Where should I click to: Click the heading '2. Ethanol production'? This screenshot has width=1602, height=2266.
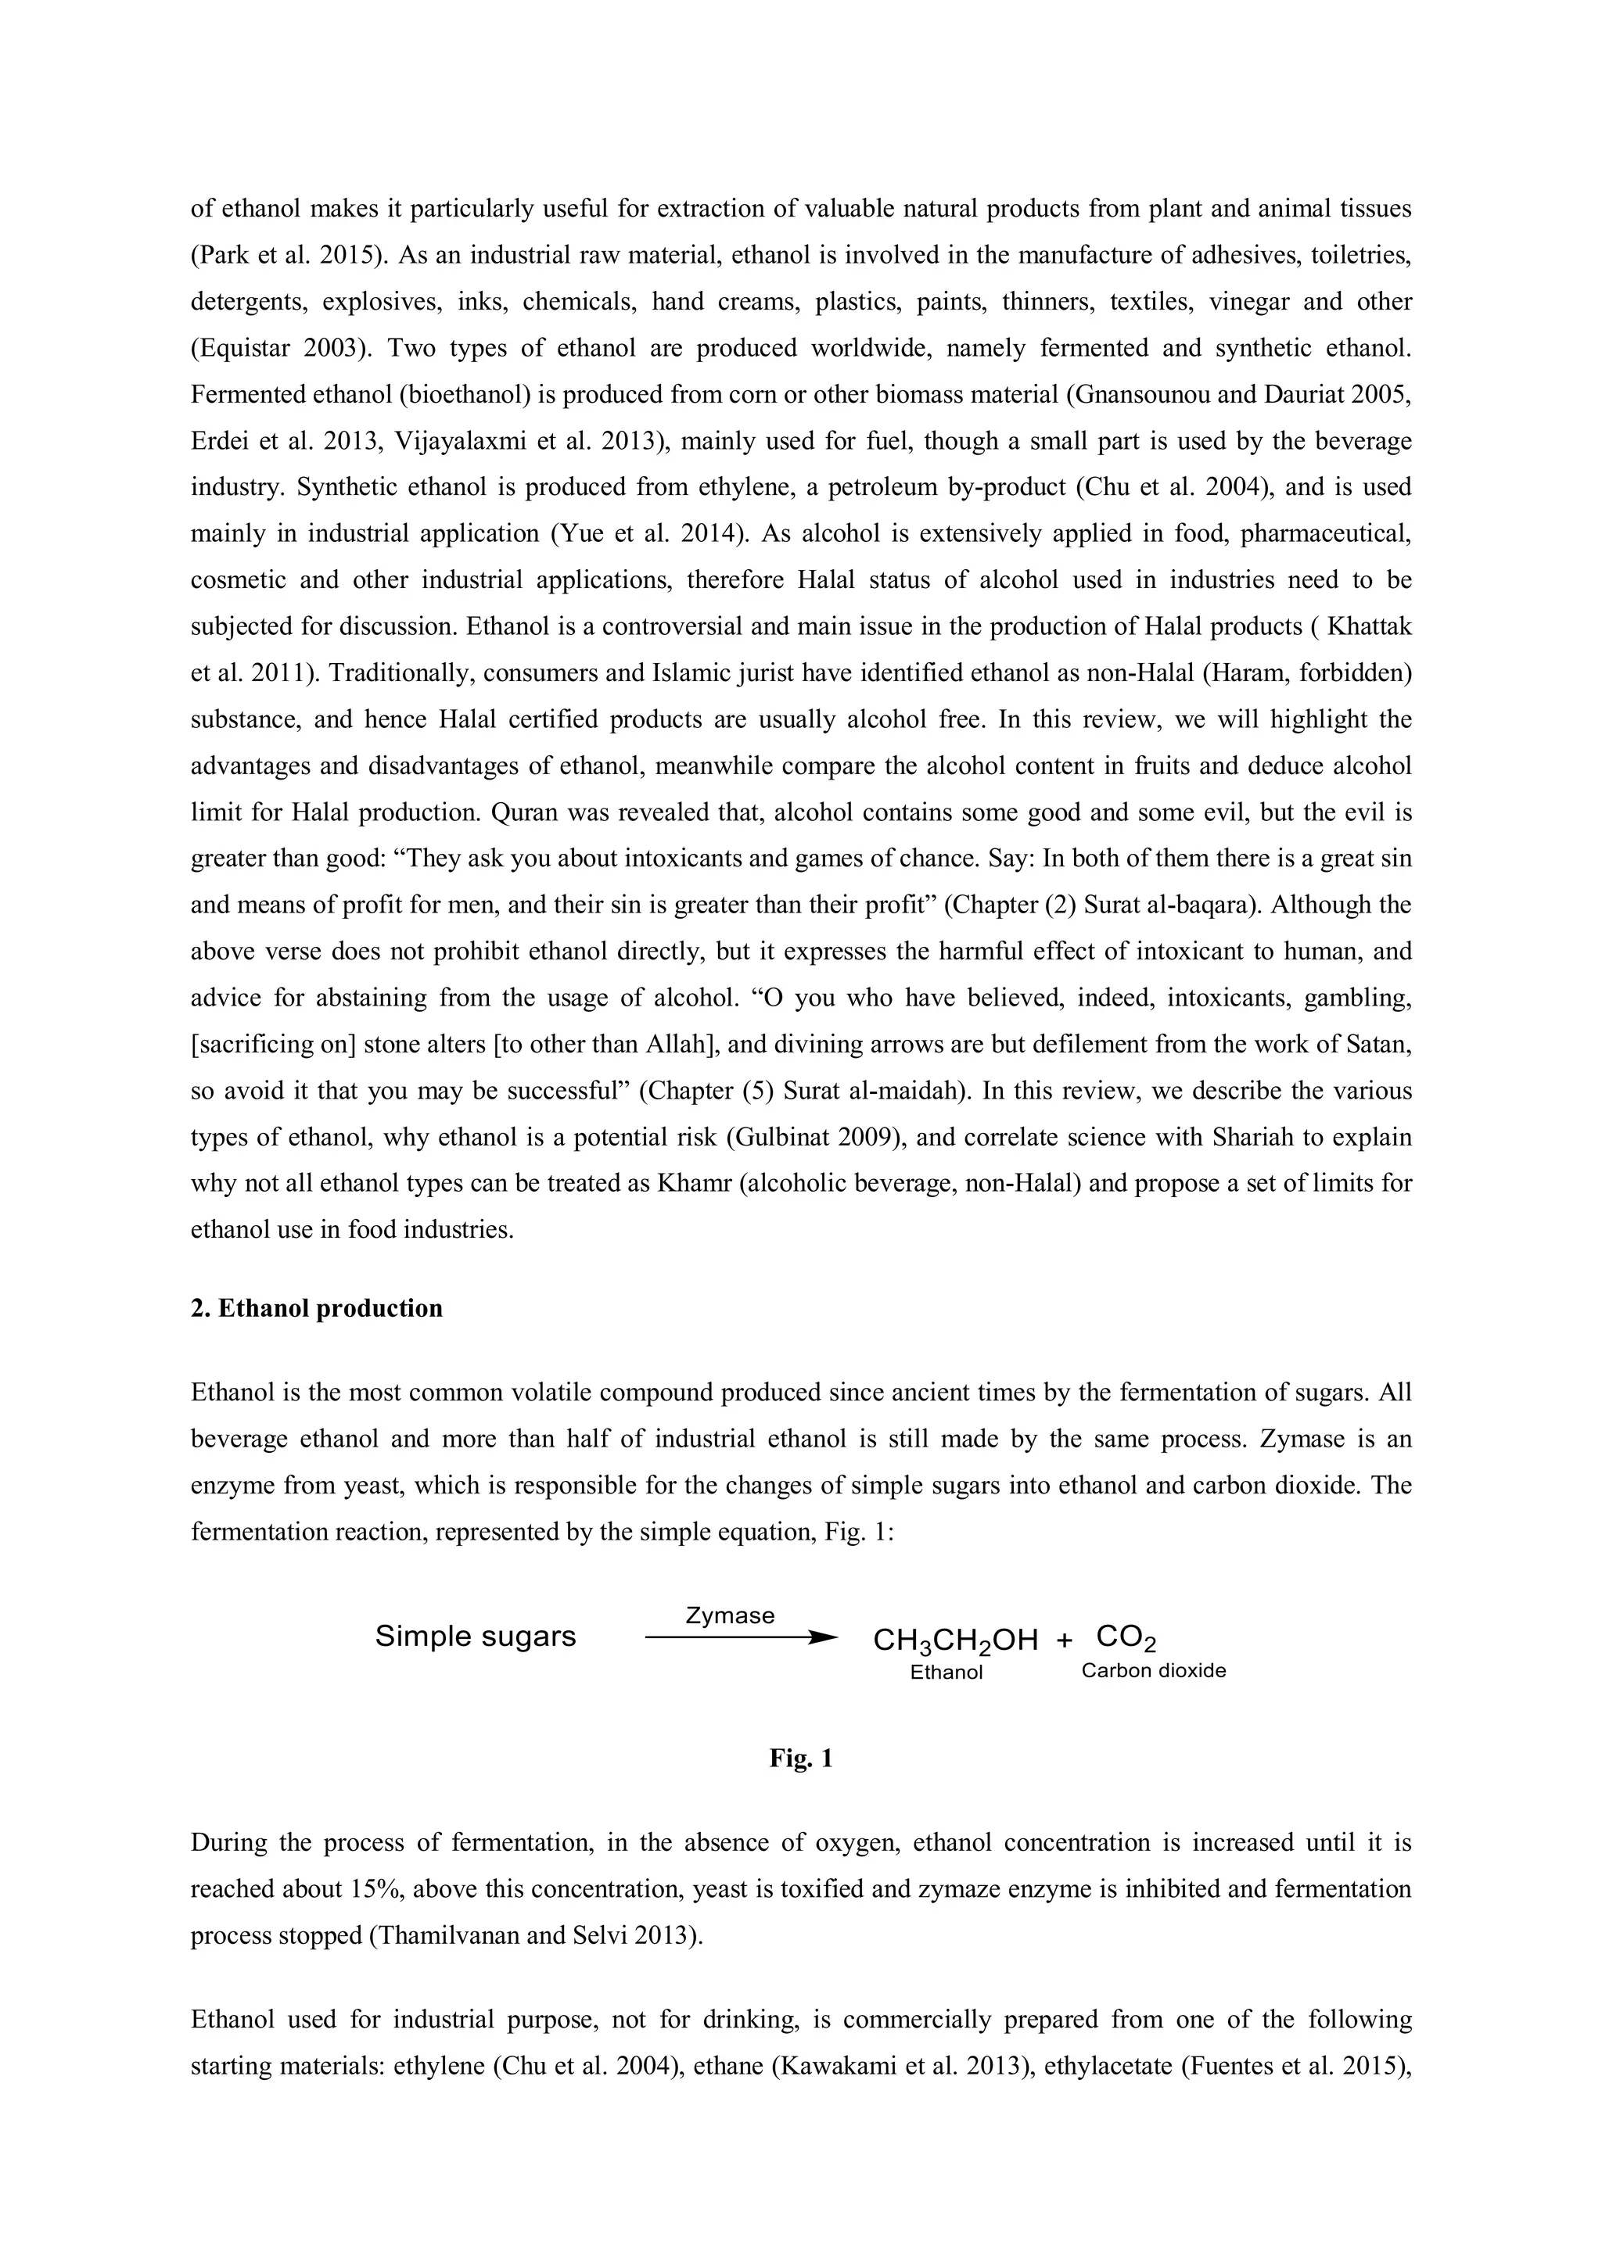click(316, 1309)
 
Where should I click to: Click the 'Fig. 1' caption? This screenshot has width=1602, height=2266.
click(800, 1758)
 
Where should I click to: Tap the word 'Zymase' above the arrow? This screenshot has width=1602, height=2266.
click(730, 1615)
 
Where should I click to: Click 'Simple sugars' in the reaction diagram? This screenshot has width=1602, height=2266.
click(475, 1637)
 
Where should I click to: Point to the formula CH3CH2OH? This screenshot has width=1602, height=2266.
click(954, 1640)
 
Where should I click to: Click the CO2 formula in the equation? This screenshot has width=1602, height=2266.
click(1126, 1637)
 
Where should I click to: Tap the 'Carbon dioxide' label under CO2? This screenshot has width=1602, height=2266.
click(1153, 1671)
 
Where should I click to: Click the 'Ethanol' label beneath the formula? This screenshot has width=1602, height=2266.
click(946, 1673)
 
